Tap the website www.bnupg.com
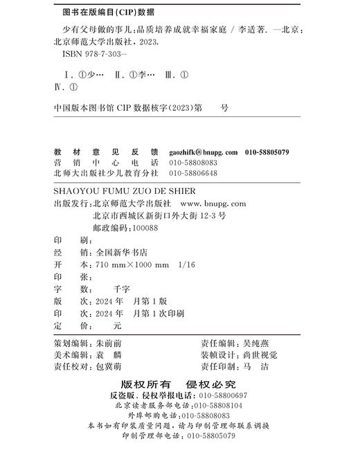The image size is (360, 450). pos(213,204)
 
